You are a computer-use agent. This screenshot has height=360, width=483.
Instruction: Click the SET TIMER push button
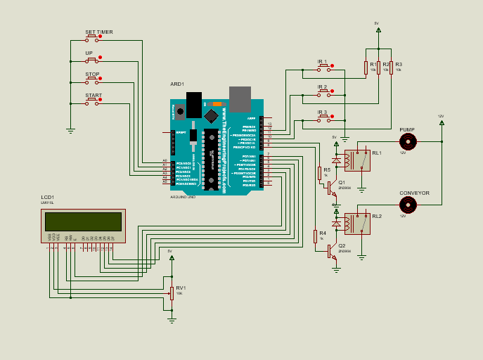pyautogui.click(x=92, y=38)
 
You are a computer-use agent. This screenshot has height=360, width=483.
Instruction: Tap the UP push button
pyautogui.click(x=92, y=60)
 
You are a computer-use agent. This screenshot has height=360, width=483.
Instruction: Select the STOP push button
pyautogui.click(x=92, y=81)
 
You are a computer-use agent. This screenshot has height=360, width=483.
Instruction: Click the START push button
pyautogui.click(x=92, y=102)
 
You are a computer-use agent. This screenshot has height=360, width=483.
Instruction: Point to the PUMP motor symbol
pyautogui.click(x=408, y=141)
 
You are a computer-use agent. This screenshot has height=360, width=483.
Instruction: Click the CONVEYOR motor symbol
pyautogui.click(x=408, y=205)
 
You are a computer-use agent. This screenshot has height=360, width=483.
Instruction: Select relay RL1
pyautogui.click(x=357, y=160)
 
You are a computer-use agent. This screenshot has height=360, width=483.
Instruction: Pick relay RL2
pyautogui.click(x=357, y=224)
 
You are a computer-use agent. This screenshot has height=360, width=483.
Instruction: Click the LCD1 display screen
pyautogui.click(x=83, y=222)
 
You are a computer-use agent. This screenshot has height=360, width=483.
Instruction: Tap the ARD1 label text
pyautogui.click(x=177, y=84)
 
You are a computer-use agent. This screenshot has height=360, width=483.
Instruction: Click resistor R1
pyautogui.click(x=366, y=67)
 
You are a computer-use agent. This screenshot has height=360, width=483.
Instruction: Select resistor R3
pyautogui.click(x=391, y=67)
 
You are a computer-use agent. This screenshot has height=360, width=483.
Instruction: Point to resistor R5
pyautogui.click(x=318, y=173)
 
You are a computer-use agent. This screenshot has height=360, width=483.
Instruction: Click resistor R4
pyautogui.click(x=315, y=236)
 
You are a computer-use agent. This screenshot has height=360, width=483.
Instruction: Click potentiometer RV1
pyautogui.click(x=172, y=292)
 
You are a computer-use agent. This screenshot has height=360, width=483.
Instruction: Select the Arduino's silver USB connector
pyautogui.click(x=240, y=99)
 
